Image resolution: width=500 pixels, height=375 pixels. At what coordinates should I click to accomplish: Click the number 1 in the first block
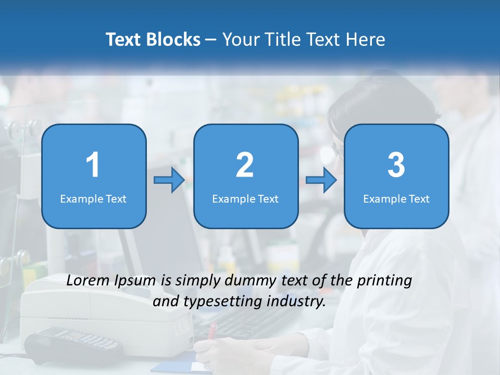tap(93, 165)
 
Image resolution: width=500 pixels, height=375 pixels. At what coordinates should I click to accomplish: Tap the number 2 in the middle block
tap(245, 165)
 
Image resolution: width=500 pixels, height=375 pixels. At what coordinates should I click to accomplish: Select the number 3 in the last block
tap(396, 165)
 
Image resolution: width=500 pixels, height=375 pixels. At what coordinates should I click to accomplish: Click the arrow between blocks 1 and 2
tap(169, 181)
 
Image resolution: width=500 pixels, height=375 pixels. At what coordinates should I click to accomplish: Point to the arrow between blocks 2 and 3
tap(321, 181)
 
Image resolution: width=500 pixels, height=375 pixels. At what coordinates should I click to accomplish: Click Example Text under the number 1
tap(93, 199)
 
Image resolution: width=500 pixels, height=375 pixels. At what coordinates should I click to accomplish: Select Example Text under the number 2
tap(245, 199)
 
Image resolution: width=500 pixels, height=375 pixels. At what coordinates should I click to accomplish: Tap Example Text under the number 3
tap(396, 199)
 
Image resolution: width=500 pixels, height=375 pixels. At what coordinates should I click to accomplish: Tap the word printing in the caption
tap(384, 281)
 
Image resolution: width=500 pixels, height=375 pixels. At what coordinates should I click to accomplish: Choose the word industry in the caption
tap(297, 302)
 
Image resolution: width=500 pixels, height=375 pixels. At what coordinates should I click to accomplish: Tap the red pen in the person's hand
tap(212, 331)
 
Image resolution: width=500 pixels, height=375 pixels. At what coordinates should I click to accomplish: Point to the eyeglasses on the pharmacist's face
tap(336, 152)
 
